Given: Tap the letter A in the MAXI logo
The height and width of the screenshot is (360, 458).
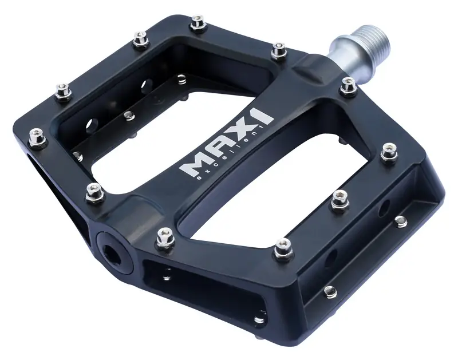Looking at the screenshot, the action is (x=219, y=148).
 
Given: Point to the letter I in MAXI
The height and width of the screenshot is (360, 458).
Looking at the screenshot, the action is (x=262, y=116).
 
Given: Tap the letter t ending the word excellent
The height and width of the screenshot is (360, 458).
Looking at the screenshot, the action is (x=262, y=127).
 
